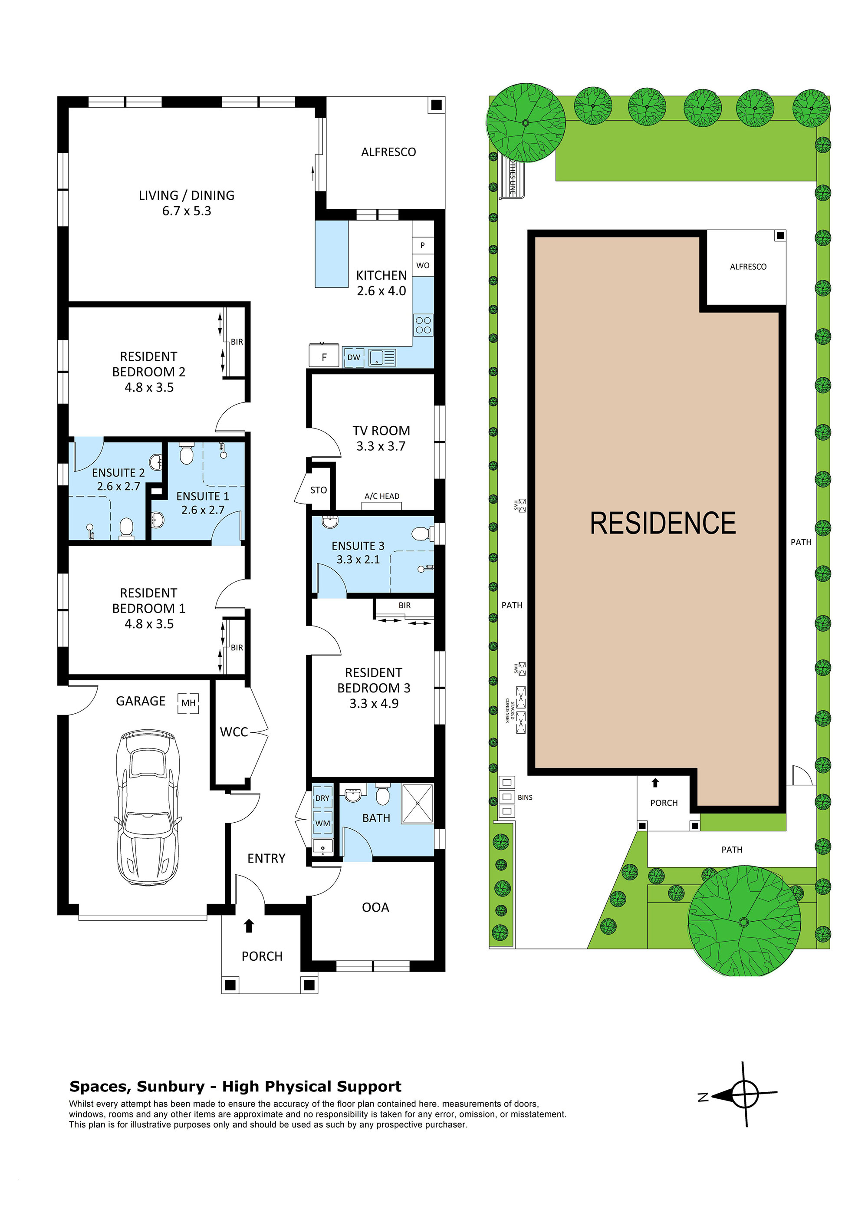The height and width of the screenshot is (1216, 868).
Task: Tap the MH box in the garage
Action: tap(188, 702)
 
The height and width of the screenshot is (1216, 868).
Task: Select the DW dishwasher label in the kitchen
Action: tap(354, 357)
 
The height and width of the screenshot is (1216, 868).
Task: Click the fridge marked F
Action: tap(324, 356)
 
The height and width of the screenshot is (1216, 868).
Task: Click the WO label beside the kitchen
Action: tap(423, 265)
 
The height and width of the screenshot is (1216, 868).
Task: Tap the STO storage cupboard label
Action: tap(319, 490)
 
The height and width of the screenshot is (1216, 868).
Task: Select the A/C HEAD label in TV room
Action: tap(381, 496)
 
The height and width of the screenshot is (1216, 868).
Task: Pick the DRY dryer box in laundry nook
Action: tap(322, 797)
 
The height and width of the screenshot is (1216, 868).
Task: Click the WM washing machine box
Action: tap(322, 823)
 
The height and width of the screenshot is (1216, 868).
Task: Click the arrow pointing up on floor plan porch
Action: tap(249, 925)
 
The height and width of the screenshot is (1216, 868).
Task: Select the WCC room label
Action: tap(234, 732)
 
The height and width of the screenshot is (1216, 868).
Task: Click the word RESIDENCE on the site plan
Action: tap(662, 523)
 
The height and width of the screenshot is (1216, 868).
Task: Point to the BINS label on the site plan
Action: tap(525, 797)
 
